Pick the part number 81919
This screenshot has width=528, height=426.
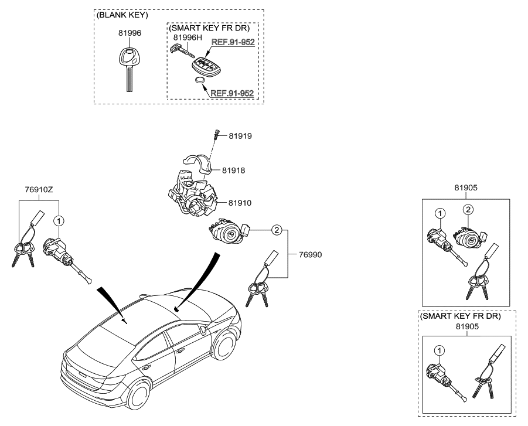[x=240, y=136]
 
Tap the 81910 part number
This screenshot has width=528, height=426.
[x=241, y=203]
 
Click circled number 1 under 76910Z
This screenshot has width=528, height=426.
[x=59, y=221]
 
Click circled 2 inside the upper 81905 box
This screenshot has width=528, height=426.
[x=468, y=209]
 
